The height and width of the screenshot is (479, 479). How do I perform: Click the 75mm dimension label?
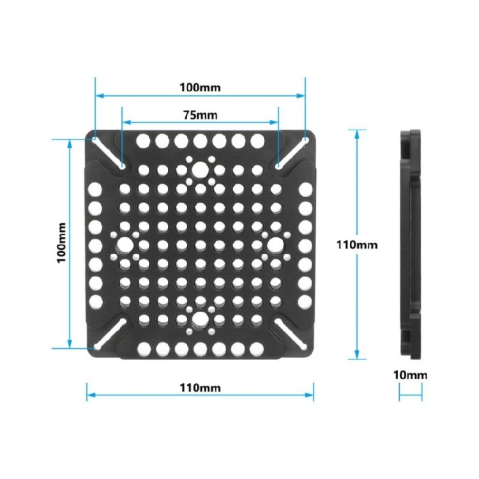(x=200, y=115)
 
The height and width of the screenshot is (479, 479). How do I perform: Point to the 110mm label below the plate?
(x=200, y=387)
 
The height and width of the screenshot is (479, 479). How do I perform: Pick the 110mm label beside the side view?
(x=356, y=243)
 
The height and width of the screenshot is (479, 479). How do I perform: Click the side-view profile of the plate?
(x=410, y=243)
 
